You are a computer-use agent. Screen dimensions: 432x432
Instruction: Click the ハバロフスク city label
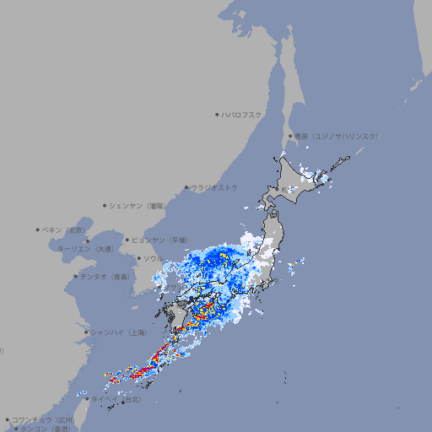(241, 114)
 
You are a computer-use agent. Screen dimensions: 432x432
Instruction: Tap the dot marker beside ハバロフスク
(217, 114)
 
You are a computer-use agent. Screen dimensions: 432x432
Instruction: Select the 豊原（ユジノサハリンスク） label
(336, 136)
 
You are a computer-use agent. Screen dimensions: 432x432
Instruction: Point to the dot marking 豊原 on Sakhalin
(289, 136)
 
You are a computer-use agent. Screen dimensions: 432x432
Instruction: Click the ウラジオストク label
(214, 187)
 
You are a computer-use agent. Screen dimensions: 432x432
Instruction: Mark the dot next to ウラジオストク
(186, 187)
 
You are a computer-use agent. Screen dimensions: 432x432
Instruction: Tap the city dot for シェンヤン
(105, 205)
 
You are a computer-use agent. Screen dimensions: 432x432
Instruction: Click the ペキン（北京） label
(64, 229)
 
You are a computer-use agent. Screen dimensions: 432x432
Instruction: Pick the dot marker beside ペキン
(38, 229)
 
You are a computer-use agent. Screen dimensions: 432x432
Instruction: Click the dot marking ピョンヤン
(128, 240)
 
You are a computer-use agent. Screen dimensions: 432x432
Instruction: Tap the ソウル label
(153, 258)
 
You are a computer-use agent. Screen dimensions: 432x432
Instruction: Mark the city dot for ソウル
(138, 258)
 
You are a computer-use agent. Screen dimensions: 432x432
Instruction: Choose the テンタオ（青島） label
(105, 276)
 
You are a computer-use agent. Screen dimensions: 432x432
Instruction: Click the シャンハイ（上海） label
(118, 332)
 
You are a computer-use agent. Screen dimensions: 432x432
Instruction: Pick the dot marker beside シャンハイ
(86, 332)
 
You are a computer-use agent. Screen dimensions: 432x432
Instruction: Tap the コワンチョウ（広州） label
(43, 419)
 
